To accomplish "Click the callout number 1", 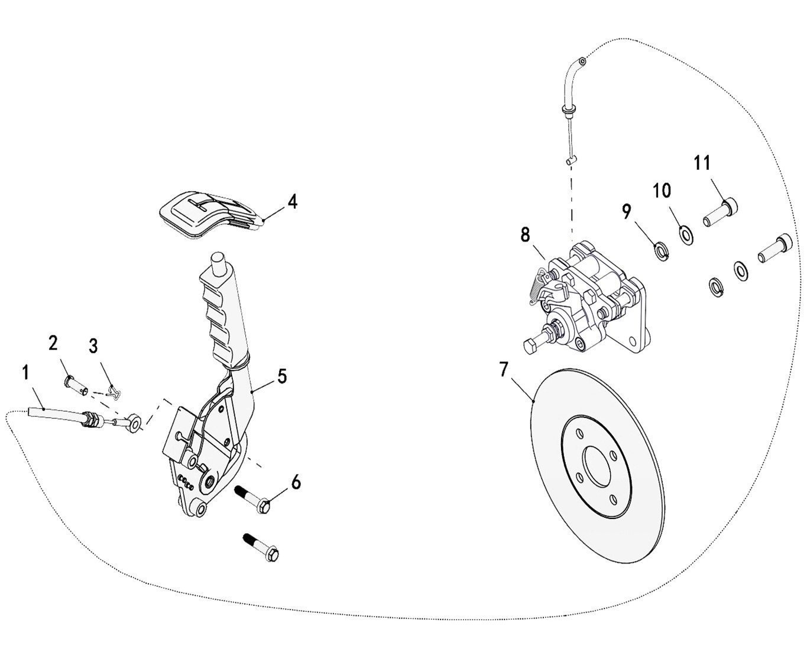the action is tap(25, 373).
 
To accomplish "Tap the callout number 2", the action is tap(54, 343).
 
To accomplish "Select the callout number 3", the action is tap(93, 346).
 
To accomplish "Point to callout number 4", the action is tap(293, 202).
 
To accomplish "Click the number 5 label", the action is tap(282, 376).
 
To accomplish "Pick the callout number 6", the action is tap(296, 482).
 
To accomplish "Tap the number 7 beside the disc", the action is tap(504, 369).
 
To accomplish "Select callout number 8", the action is tap(525, 236).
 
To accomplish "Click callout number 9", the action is tap(626, 212).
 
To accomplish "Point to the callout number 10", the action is tap(662, 191).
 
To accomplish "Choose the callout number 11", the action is tap(702, 163).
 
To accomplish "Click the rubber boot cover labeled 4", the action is tap(210, 214).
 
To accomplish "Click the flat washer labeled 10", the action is tap(685, 236).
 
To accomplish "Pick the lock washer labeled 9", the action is tap(661, 252).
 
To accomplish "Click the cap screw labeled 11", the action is tap(720, 212).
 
